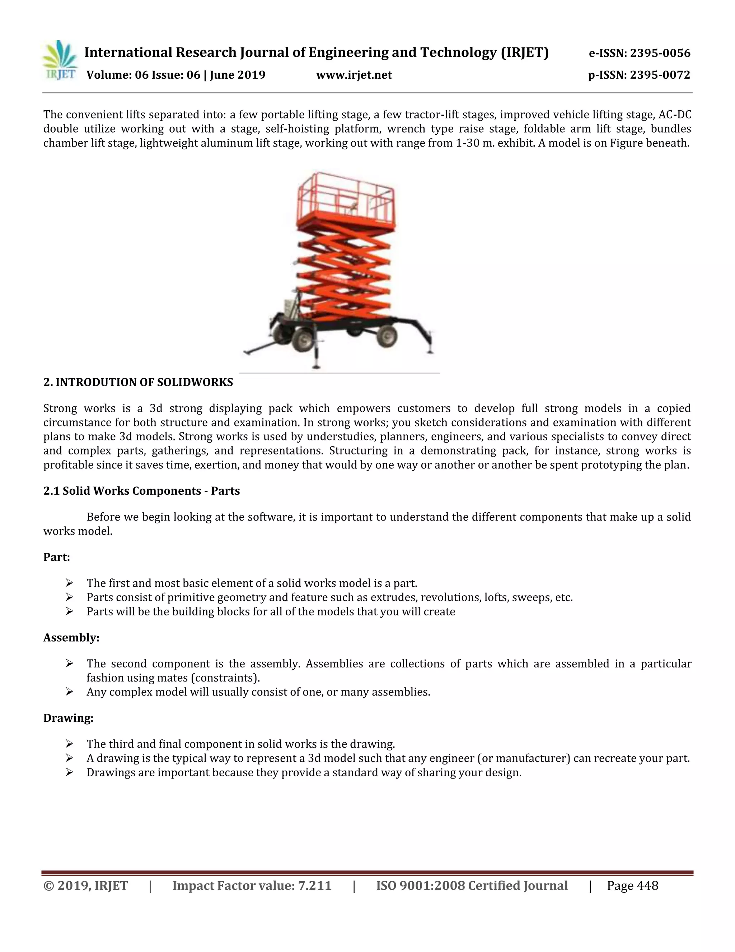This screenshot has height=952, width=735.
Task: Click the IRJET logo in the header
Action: (x=60, y=61)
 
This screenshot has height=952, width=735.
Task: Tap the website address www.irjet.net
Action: (x=354, y=75)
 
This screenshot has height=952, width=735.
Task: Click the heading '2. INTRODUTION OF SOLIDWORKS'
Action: (x=138, y=382)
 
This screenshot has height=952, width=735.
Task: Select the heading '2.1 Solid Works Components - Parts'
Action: (x=141, y=491)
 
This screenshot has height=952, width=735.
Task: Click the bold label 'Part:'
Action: (x=57, y=557)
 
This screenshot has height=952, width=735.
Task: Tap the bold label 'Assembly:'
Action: (x=71, y=638)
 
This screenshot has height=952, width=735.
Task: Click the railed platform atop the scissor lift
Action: (x=346, y=200)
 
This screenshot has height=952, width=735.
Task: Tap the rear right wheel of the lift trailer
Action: (x=387, y=336)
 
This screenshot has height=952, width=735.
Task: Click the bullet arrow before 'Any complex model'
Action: (x=69, y=692)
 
